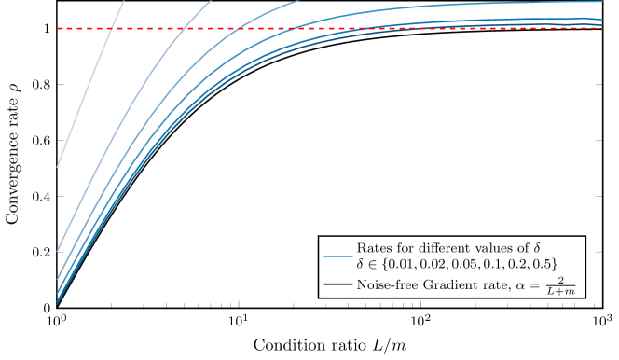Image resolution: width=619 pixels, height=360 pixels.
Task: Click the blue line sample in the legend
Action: (x=337, y=255)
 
